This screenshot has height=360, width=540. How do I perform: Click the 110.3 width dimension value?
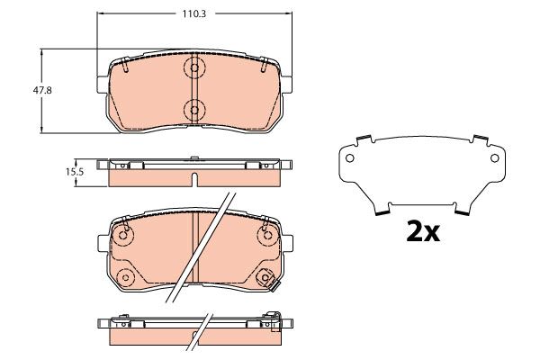pos(193,14)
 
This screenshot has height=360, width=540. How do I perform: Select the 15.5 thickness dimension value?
pos(75,172)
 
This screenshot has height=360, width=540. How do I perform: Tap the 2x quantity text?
pos(423,231)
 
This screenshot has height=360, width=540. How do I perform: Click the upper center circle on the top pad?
pos(194,67)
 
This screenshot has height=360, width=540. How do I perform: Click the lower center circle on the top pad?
pos(194,110)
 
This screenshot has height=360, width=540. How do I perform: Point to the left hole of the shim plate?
pos(349,158)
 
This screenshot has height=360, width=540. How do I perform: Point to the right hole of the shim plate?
pos(494,158)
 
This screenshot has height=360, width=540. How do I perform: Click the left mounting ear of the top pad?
pos(103,85)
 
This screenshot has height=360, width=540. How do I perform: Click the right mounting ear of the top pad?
pos(286,85)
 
